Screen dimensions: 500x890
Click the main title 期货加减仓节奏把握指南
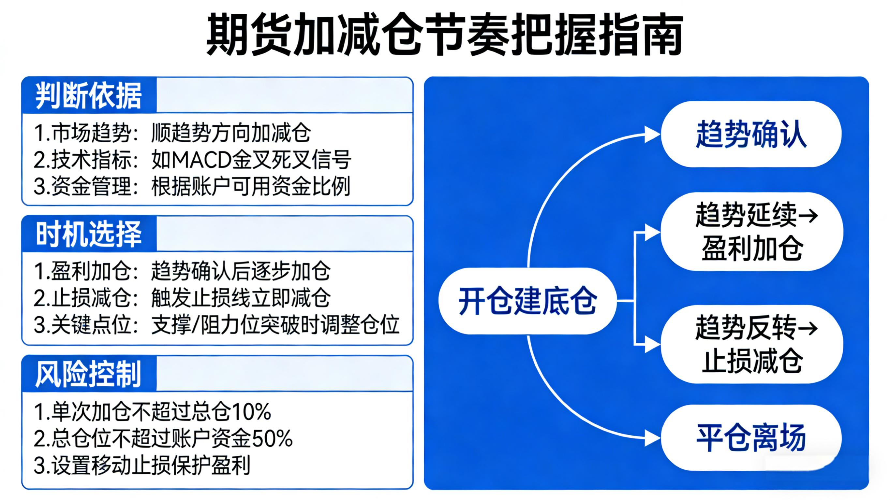pyautogui.click(x=444, y=35)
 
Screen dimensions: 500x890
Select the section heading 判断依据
pyautogui.click(x=88, y=96)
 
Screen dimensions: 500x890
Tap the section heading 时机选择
pyautogui.click(x=88, y=234)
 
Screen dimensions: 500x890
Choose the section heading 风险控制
pyautogui.click(x=88, y=374)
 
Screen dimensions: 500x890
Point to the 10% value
pyautogui.click(x=251, y=412)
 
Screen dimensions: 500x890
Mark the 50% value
pyautogui.click(x=273, y=438)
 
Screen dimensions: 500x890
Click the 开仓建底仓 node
pyautogui.click(x=527, y=301)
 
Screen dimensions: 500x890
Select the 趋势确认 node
pyautogui.click(x=751, y=134)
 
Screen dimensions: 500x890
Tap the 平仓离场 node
pyautogui.click(x=751, y=438)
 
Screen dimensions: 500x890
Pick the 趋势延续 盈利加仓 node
pyautogui.click(x=752, y=232)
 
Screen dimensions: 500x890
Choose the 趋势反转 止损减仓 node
pyautogui.click(x=752, y=344)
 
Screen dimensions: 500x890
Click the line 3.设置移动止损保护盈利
pyautogui.click(x=142, y=465)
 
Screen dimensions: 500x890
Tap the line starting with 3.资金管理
pyautogui.click(x=192, y=186)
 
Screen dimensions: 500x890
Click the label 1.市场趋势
pyautogui.click(x=83, y=133)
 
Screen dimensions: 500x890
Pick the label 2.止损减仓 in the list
pyautogui.click(x=83, y=298)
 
